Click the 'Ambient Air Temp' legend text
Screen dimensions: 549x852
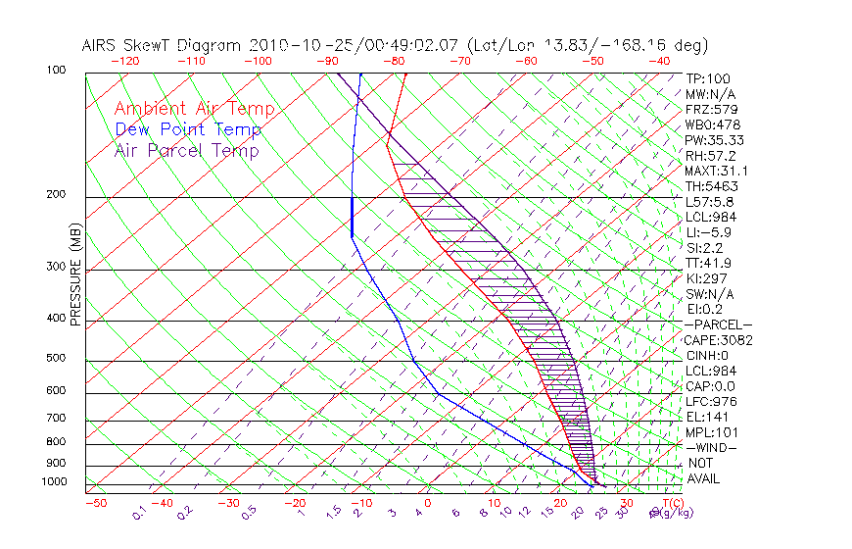194,109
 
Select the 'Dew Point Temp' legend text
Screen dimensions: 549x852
187,129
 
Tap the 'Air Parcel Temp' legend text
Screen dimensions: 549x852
186,150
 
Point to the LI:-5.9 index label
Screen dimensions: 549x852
708,232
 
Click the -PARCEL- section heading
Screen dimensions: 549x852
718,324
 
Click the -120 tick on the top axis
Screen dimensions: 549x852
125,61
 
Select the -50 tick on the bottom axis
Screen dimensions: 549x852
96,503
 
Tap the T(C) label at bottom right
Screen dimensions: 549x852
671,503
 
